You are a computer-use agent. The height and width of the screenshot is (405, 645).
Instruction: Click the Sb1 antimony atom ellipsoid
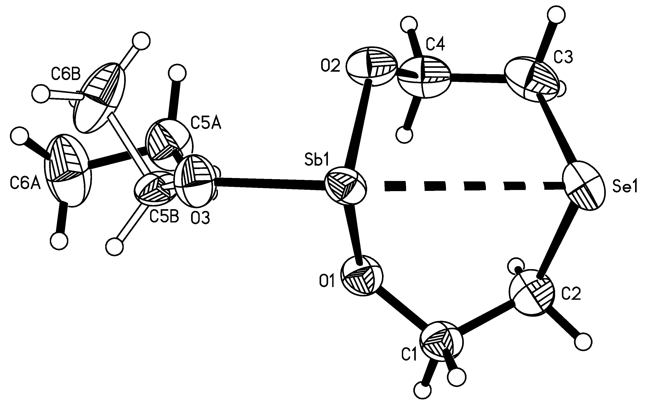345,186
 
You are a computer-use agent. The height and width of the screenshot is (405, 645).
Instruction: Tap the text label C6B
66,74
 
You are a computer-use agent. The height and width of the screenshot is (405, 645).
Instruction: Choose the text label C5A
206,124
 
